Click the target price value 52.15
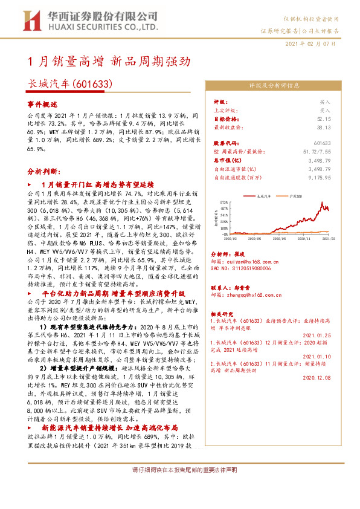coord(323,119)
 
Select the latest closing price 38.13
coord(323,128)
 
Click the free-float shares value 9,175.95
coord(318,178)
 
